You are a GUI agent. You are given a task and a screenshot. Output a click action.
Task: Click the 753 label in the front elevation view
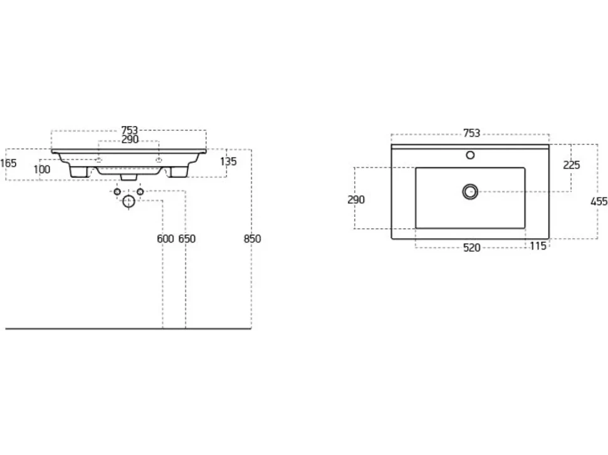[130, 130]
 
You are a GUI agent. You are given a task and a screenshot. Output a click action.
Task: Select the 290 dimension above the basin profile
[130, 140]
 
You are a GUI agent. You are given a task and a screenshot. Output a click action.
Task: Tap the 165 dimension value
[8, 163]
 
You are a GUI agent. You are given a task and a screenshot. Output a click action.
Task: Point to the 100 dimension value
[42, 169]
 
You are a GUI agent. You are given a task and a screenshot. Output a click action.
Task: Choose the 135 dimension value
[228, 162]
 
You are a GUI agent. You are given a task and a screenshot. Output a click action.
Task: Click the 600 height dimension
[165, 239]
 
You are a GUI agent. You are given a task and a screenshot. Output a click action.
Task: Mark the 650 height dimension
[187, 239]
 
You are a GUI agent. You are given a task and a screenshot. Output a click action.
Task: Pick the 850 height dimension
[253, 239]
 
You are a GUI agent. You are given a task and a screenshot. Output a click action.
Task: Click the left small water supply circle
[117, 192]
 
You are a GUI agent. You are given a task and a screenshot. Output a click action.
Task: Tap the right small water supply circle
[140, 192]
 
